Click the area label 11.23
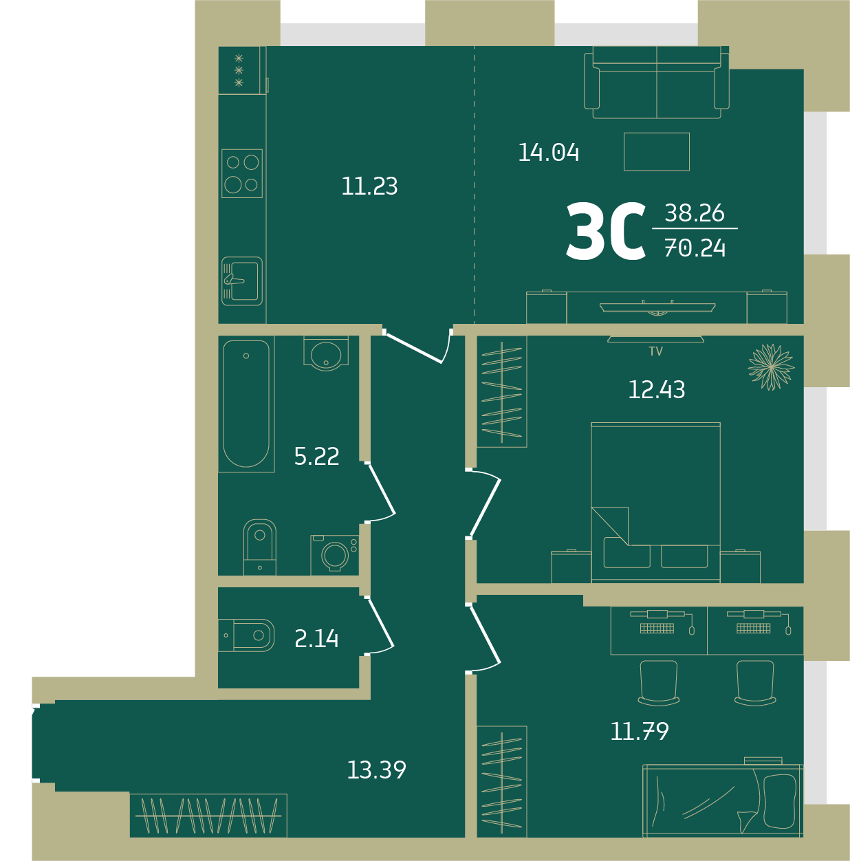tap(369, 186)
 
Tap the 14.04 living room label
tap(549, 153)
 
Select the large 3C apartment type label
tap(606, 231)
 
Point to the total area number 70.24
tap(695, 248)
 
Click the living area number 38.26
tap(695, 212)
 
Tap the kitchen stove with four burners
tap(242, 173)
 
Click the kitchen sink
tap(242, 281)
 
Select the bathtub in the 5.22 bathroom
tap(246, 404)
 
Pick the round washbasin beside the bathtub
tap(326, 353)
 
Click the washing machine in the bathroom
tap(335, 555)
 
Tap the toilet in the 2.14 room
tap(246, 635)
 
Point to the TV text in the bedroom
tap(656, 351)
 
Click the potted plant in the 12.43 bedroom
tap(772, 367)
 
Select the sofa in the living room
tap(657, 83)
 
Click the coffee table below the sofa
tap(657, 151)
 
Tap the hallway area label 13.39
tap(377, 770)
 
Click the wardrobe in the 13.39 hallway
tap(208, 816)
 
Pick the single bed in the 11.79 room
tap(723, 800)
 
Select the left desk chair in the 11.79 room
tap(659, 683)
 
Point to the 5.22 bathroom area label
tap(316, 457)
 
